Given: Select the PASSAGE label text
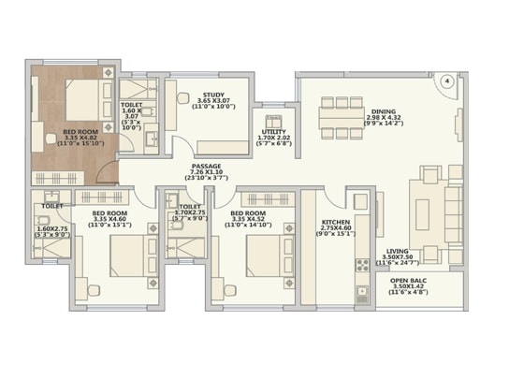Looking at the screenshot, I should [x=207, y=167].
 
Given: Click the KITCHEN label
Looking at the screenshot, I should [x=335, y=220].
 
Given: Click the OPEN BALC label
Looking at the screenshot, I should [x=407, y=279].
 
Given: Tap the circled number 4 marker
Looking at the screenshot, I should [x=448, y=81].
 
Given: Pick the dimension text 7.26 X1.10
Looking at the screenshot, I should [x=208, y=173].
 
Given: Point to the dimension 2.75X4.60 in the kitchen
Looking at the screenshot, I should [x=335, y=226].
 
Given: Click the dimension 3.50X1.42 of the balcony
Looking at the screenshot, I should [x=407, y=285].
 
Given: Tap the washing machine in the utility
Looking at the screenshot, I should [x=274, y=119].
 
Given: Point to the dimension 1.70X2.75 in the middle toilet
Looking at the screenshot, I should [x=189, y=213].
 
